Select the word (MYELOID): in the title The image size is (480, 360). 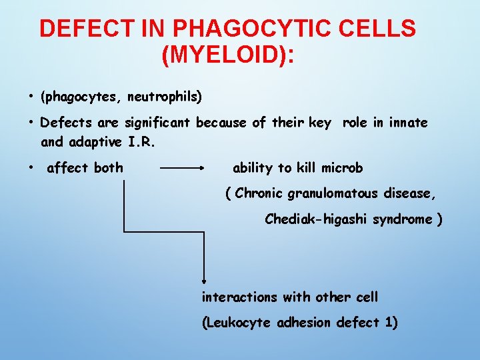click(x=227, y=54)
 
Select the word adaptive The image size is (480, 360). click(x=95, y=142)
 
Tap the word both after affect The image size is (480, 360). click(x=108, y=168)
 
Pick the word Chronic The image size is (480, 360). click(x=259, y=194)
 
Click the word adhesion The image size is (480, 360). click(x=303, y=323)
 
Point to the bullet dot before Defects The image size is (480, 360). click(x=31, y=123)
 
